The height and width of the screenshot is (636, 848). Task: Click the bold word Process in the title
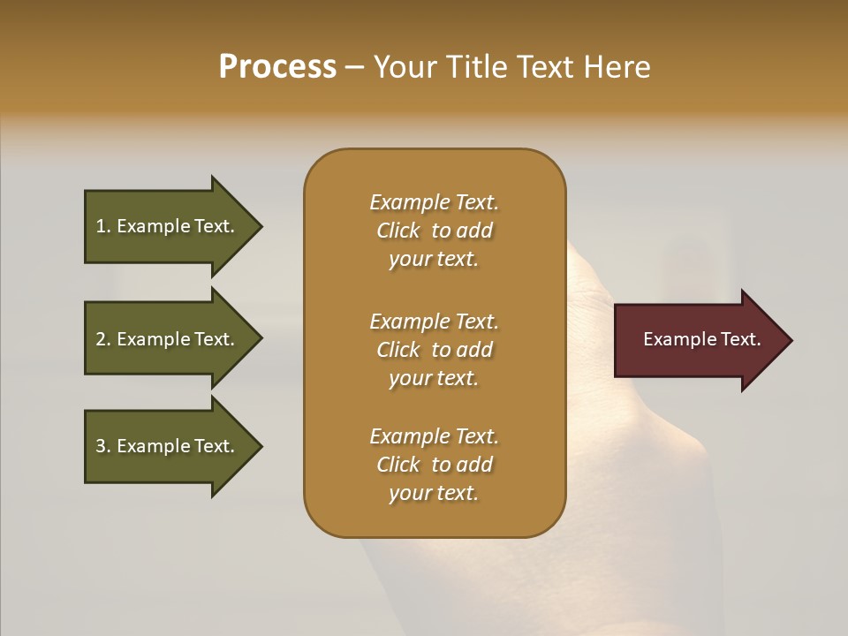coord(277,67)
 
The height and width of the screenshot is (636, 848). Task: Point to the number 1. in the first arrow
coord(103,226)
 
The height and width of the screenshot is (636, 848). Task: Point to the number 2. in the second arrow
coord(103,339)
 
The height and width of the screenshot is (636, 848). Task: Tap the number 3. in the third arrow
coord(103,446)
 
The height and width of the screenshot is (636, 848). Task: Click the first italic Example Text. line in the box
coord(434,202)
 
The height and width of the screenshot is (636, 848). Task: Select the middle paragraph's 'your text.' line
coord(433,378)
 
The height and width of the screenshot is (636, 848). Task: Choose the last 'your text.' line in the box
coord(433,493)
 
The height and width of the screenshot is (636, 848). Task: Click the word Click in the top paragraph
coord(398,231)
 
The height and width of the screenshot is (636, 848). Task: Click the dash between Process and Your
coord(355,67)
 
